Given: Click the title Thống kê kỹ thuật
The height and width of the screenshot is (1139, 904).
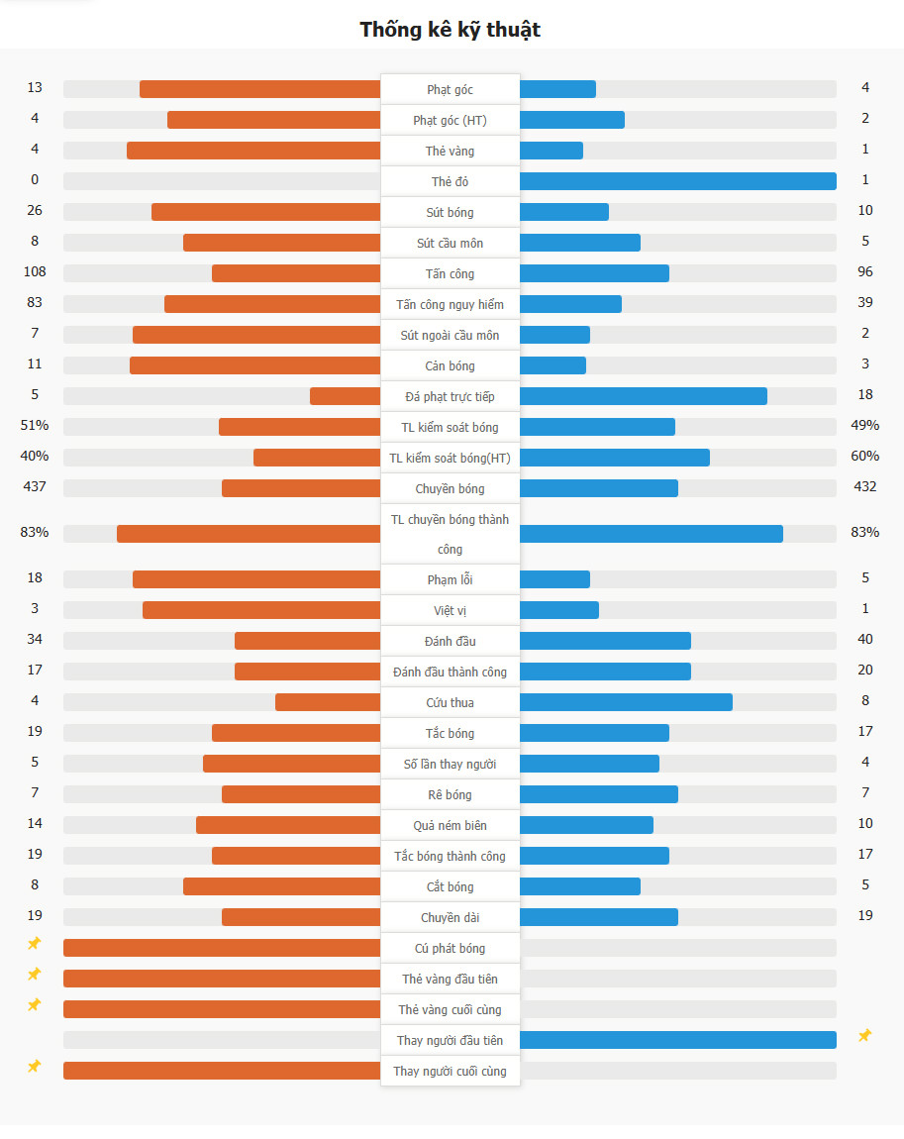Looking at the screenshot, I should click(451, 30).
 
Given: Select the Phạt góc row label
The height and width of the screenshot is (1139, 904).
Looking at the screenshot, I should click(451, 90).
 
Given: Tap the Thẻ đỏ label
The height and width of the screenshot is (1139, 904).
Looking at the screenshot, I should click(451, 182).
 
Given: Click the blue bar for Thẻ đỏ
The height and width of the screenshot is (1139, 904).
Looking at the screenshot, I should click(677, 181).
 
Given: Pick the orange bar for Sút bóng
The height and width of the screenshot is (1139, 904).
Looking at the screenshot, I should click(265, 212).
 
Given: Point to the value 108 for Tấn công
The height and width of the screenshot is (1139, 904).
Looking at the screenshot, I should click(35, 272).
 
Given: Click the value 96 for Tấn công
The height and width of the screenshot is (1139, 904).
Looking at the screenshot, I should click(865, 272).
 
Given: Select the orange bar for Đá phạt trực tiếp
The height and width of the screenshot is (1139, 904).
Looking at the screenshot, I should click(345, 396).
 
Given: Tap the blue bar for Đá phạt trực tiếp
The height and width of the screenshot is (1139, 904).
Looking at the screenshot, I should click(643, 396).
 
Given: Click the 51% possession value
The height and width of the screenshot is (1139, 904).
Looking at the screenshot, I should click(35, 426).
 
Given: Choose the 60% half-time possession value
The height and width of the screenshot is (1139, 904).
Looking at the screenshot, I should click(865, 457).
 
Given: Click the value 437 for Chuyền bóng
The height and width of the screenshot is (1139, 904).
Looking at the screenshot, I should click(35, 487).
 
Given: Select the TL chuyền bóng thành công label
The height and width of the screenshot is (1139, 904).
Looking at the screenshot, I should click(451, 534).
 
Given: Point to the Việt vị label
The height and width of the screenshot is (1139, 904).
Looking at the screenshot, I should click(451, 611).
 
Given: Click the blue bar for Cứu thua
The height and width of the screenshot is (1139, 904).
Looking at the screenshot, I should click(626, 702).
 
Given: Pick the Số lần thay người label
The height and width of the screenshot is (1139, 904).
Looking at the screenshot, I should click(451, 765).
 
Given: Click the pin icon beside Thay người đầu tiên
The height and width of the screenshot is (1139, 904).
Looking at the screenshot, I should click(864, 1036).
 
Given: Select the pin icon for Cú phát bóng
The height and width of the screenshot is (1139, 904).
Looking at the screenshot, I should click(35, 944).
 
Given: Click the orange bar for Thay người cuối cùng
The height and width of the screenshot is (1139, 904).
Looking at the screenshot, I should click(222, 1071).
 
